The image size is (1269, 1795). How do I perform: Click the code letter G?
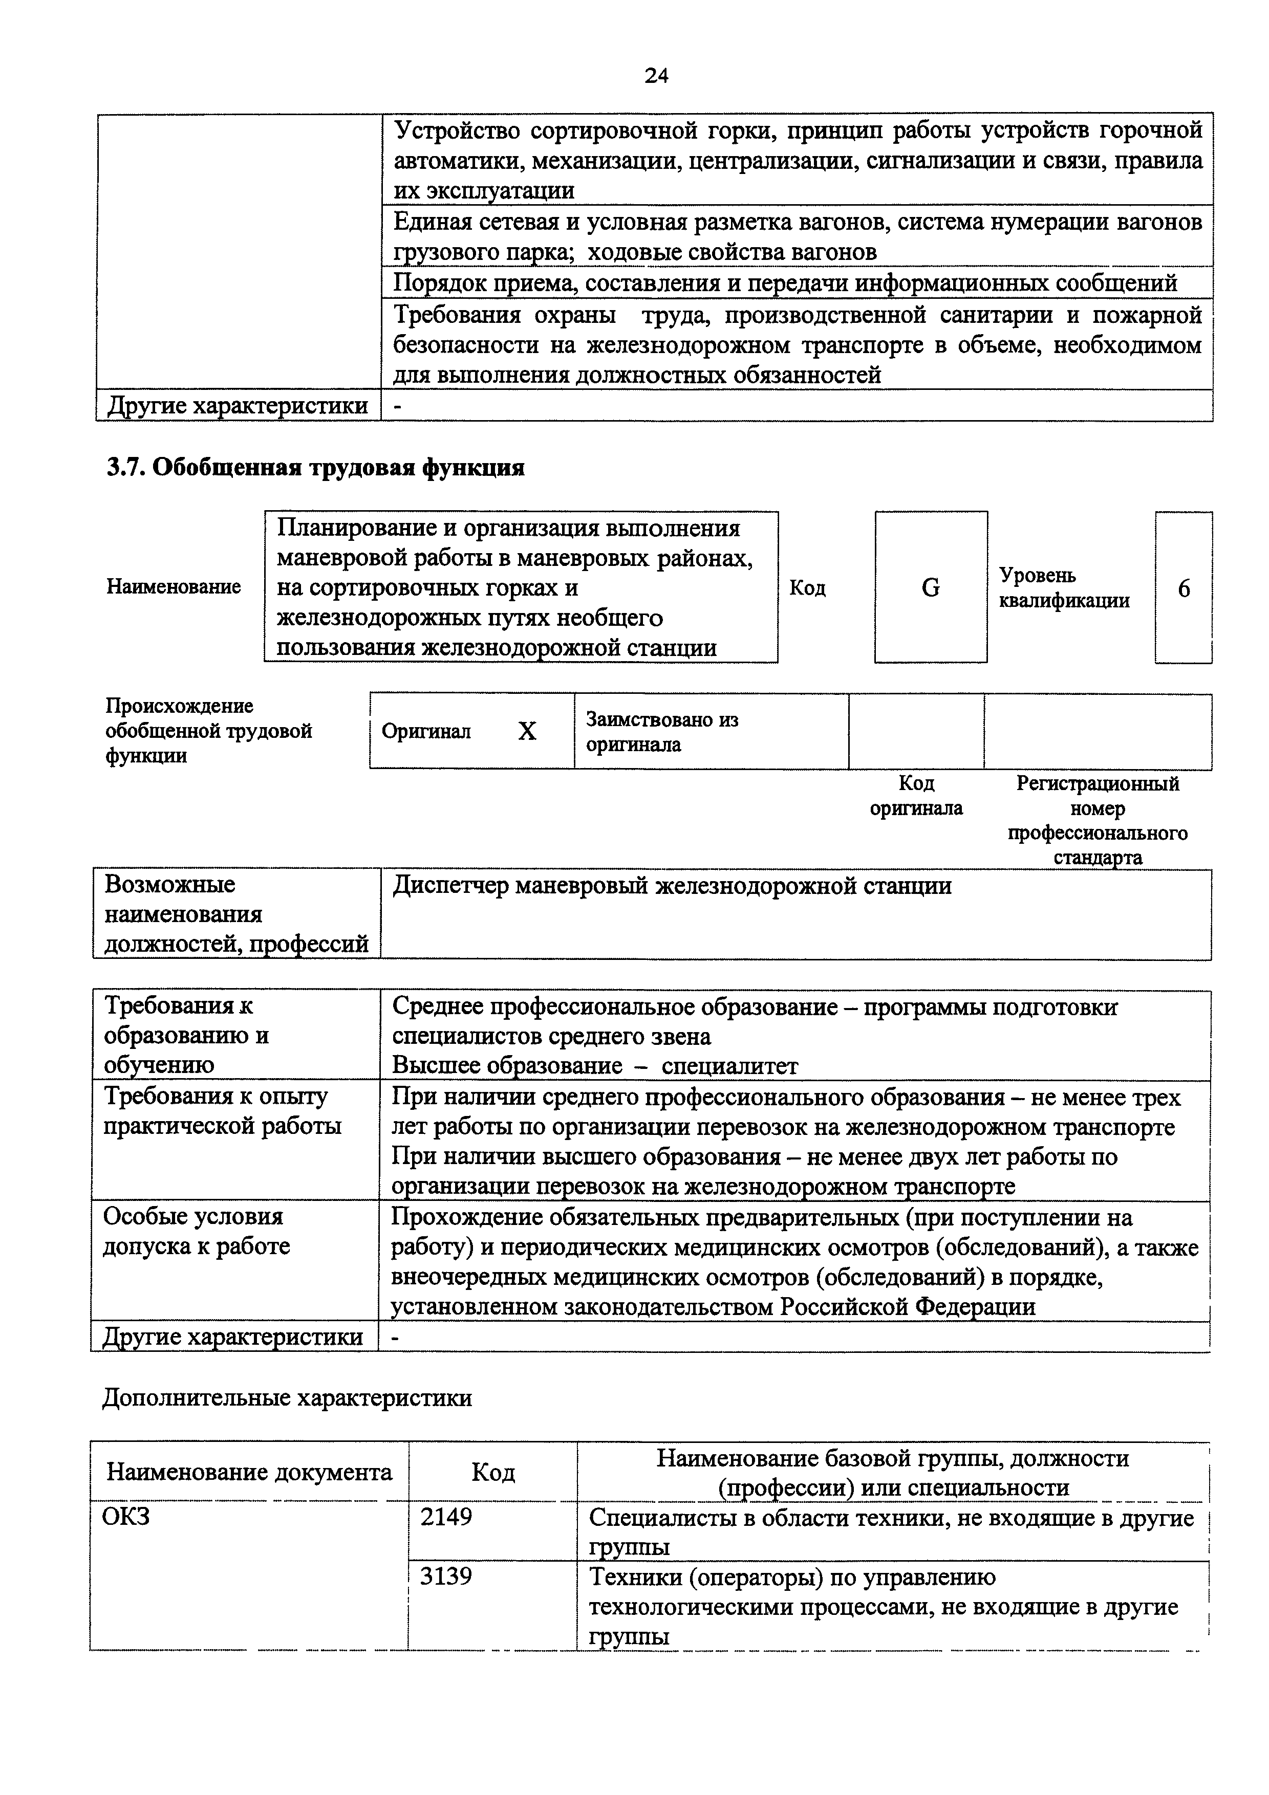coord(931,587)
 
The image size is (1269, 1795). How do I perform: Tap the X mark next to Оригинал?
coord(528,731)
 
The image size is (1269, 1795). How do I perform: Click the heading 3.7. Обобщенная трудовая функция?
coord(315,468)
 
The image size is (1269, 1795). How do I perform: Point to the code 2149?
coord(446,1517)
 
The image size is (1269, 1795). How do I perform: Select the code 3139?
coord(446,1575)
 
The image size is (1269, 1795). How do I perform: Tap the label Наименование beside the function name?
coord(174,586)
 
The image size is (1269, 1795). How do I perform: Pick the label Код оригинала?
coord(916,795)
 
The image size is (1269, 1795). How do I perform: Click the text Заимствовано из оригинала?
coord(661,731)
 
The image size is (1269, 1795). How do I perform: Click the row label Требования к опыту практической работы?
coord(223,1111)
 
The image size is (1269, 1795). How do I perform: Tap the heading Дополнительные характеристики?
coord(287,1397)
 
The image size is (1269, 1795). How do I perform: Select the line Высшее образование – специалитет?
coord(594,1065)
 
